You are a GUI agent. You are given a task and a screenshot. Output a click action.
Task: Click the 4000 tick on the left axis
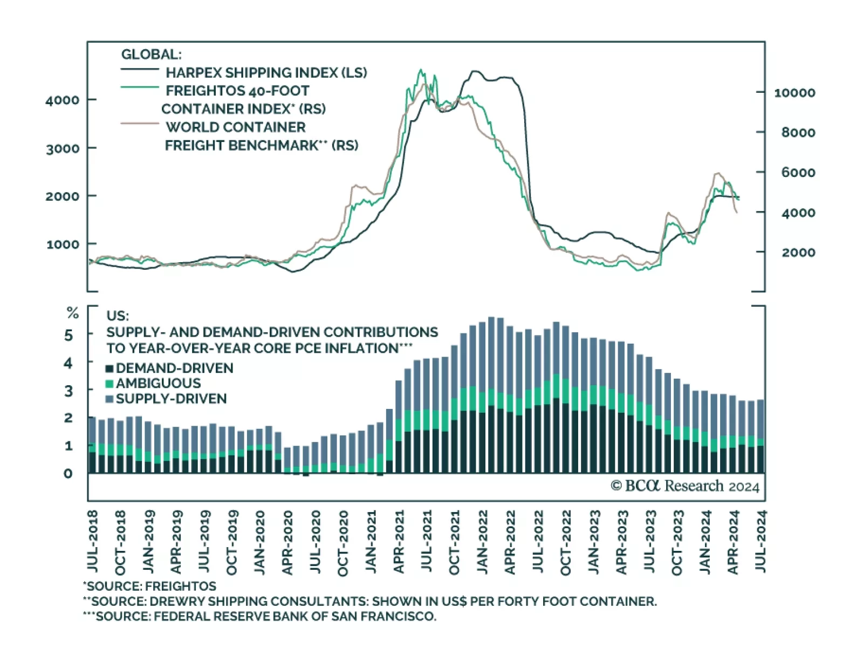point(63,100)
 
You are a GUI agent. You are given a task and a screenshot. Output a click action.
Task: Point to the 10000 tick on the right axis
point(794,93)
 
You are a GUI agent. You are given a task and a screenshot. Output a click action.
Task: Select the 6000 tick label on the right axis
point(798,173)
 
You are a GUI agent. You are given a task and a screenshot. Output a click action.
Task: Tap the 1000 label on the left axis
point(63,244)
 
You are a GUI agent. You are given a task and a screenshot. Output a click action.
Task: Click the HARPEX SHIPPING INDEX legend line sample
point(140,70)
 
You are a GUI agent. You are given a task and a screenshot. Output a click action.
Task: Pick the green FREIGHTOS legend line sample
point(140,87)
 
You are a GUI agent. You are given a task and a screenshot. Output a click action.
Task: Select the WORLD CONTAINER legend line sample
point(140,124)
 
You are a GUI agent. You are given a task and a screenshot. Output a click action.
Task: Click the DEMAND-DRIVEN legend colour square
point(109,369)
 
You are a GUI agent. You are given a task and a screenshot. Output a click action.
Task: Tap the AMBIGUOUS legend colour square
point(109,384)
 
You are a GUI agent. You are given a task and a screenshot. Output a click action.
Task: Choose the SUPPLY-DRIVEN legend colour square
point(109,399)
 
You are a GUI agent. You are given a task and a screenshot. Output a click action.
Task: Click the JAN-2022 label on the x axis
point(482,542)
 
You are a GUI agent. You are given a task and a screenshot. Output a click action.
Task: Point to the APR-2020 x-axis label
point(287,542)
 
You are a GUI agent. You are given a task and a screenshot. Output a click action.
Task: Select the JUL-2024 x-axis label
point(760,542)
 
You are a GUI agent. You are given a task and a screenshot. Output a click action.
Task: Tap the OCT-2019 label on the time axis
point(231,542)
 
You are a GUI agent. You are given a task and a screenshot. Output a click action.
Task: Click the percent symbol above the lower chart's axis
point(72,313)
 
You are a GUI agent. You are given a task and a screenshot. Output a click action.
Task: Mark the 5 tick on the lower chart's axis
point(69,336)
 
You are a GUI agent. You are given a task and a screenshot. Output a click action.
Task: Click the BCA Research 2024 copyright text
point(684,486)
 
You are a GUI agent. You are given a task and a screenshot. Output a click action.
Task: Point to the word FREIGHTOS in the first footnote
point(181,586)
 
